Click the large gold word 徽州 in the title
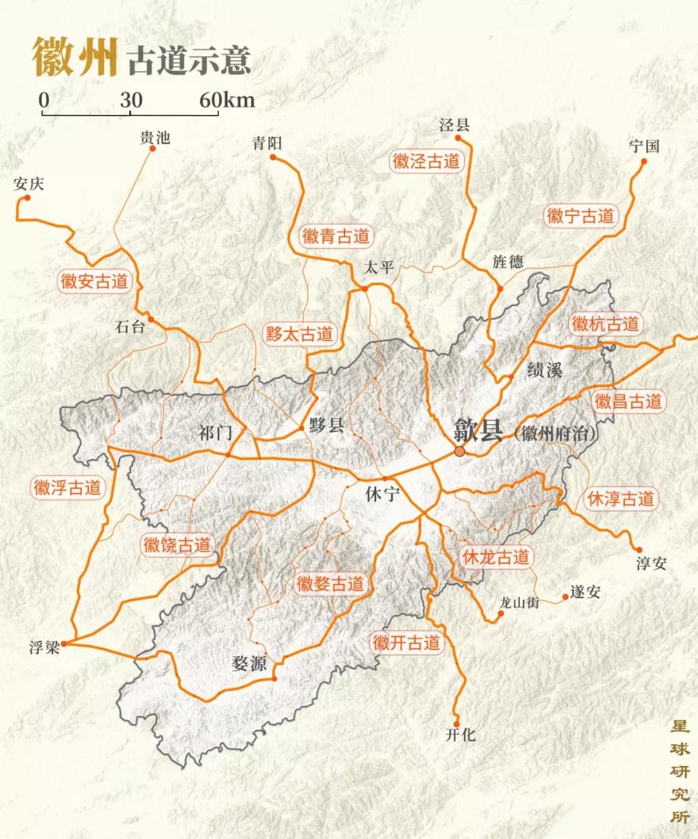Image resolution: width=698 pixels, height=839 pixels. pos(75,57)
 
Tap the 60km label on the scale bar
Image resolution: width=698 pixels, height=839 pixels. pos(227,100)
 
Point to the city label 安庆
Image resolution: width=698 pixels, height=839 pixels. pos(28,184)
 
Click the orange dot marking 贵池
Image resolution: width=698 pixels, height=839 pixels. pos(153,149)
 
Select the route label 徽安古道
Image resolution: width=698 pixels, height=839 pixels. pos(94,282)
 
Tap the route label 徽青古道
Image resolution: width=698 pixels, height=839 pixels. pos(336,236)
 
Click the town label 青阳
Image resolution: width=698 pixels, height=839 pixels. pos(267,143)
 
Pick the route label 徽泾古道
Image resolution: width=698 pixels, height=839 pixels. pos(426,161)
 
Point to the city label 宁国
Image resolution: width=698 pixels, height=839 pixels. pos(644,147)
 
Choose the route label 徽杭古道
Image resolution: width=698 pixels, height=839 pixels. pos(605,324)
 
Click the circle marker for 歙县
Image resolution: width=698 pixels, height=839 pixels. pos(460,451)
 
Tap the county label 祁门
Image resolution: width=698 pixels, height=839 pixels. pos(215,432)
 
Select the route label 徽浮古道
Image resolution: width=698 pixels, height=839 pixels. pos(67,487)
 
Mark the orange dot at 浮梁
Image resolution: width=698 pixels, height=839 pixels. pos(64,643)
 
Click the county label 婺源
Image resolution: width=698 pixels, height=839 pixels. pos(249,663)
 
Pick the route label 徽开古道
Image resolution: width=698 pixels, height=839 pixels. pos(407,643)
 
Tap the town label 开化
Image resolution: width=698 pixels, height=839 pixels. pos(460,735)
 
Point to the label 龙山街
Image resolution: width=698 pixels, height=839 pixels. pos(519,603)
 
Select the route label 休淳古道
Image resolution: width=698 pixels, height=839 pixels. pos(620,499)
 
